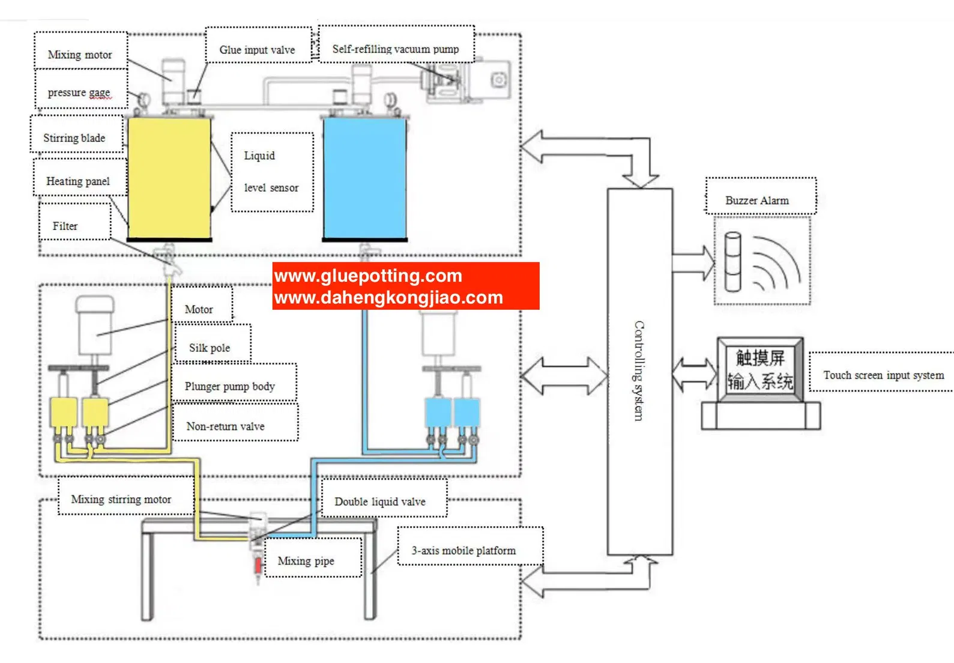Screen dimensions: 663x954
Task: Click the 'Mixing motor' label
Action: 80,55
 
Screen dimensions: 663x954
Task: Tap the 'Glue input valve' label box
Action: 257,50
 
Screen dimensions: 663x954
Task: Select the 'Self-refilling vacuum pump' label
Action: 395,49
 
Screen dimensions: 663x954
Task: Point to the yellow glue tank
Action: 169,178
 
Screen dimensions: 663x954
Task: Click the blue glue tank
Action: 364,178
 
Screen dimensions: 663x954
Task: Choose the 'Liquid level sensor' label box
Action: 271,172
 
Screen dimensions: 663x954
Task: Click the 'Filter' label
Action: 65,226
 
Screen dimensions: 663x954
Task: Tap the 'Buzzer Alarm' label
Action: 757,201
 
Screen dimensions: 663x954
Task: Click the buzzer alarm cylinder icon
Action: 732,262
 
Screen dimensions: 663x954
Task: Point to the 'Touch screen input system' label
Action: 883,375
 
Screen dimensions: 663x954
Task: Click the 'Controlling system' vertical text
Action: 639,371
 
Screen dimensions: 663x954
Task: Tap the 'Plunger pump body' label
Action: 230,386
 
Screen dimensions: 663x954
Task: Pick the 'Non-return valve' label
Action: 225,426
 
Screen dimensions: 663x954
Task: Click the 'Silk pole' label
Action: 210,348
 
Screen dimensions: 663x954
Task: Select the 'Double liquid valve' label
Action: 380,501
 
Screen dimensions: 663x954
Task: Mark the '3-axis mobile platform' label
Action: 463,551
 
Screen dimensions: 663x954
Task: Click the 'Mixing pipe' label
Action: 306,561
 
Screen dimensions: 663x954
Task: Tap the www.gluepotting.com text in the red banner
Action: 368,276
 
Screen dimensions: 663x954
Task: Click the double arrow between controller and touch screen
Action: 695,375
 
